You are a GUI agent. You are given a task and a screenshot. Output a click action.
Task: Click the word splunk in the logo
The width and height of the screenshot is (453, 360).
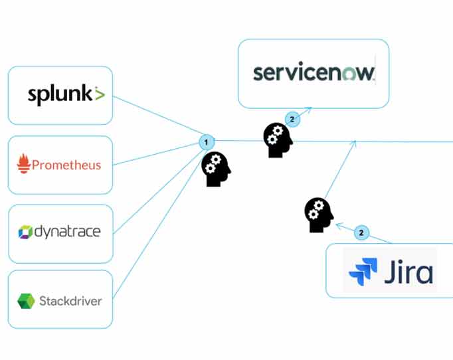60,95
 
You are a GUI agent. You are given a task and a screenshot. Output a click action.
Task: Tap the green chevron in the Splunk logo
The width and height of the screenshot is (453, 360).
99,94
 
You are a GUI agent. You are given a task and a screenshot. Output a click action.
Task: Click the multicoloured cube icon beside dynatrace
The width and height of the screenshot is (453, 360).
25,232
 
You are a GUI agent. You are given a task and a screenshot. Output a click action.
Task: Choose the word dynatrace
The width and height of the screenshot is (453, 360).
67,232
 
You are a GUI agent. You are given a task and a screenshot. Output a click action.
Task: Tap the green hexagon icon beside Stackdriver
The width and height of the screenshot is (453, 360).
26,301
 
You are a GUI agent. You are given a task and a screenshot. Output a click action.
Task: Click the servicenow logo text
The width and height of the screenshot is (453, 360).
314,73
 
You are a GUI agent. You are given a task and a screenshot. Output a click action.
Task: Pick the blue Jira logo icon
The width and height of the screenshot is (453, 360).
363,272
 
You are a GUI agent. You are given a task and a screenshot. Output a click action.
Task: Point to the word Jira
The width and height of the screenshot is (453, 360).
408,272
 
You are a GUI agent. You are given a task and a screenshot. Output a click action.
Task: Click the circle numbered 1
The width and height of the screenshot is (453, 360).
206,141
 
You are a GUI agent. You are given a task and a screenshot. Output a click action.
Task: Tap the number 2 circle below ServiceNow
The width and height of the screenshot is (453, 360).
292,119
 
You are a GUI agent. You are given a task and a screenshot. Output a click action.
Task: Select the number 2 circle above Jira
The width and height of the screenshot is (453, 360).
361,232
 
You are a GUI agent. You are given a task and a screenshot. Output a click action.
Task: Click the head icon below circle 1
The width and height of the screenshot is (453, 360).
216,169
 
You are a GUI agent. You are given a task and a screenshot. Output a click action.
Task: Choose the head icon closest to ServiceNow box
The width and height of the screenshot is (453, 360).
278,140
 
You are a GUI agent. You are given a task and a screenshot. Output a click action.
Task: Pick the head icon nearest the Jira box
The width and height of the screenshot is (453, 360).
319,215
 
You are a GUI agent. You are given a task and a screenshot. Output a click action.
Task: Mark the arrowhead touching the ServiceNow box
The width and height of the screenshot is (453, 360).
308,110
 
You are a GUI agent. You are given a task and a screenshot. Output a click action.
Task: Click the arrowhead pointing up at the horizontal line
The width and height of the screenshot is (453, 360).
354,143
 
